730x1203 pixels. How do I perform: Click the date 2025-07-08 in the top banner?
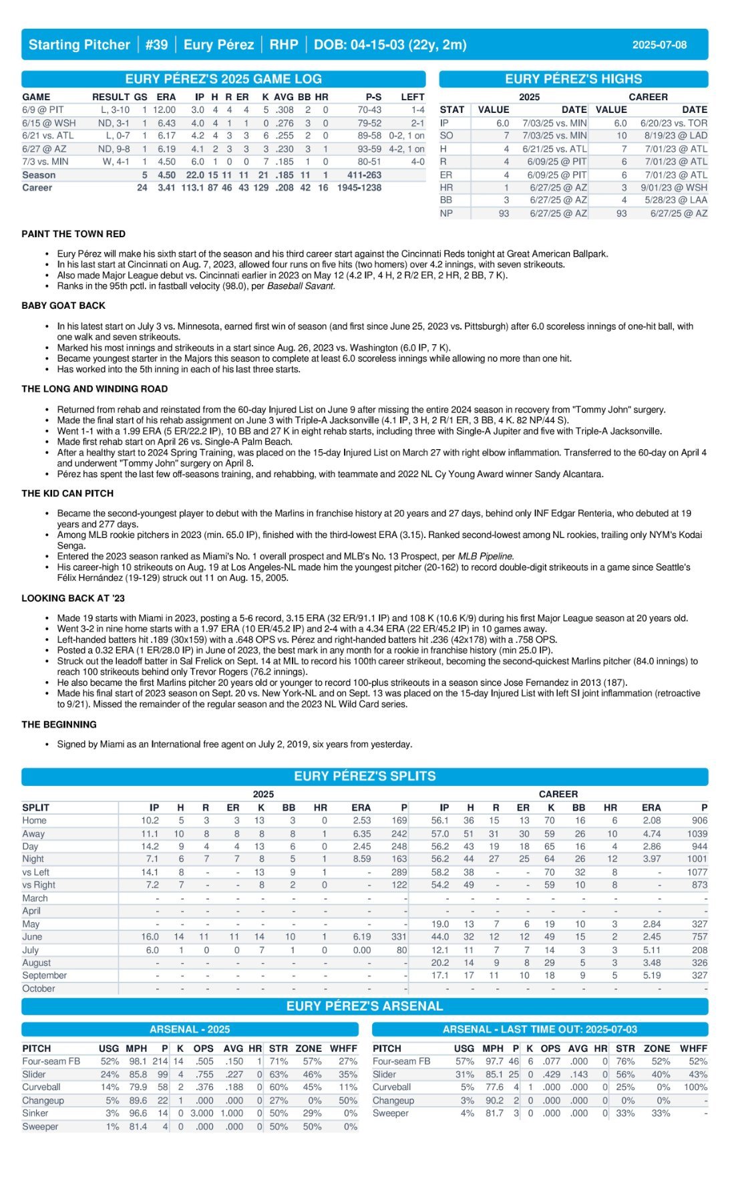[x=659, y=45]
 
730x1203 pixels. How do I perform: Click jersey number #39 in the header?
[x=156, y=45]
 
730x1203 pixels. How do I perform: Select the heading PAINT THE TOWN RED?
[x=73, y=234]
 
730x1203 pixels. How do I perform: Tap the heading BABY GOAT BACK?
[x=63, y=305]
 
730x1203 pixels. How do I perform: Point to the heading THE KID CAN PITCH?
[x=67, y=493]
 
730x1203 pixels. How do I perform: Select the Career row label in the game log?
[x=37, y=188]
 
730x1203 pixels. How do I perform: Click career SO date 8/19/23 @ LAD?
[x=675, y=136]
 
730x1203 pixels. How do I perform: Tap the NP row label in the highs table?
[x=446, y=213]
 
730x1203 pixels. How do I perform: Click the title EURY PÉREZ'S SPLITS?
[x=365, y=776]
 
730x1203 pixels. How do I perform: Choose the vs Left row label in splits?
[x=36, y=872]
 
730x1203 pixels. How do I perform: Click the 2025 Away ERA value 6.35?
[x=361, y=833]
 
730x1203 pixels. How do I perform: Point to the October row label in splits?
[x=39, y=988]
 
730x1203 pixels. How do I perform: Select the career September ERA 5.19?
[x=651, y=976]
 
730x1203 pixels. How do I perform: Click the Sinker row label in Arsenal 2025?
[x=35, y=1113]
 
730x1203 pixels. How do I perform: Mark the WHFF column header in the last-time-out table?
[x=693, y=1049]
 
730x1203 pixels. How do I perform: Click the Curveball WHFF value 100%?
[x=693, y=1087]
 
